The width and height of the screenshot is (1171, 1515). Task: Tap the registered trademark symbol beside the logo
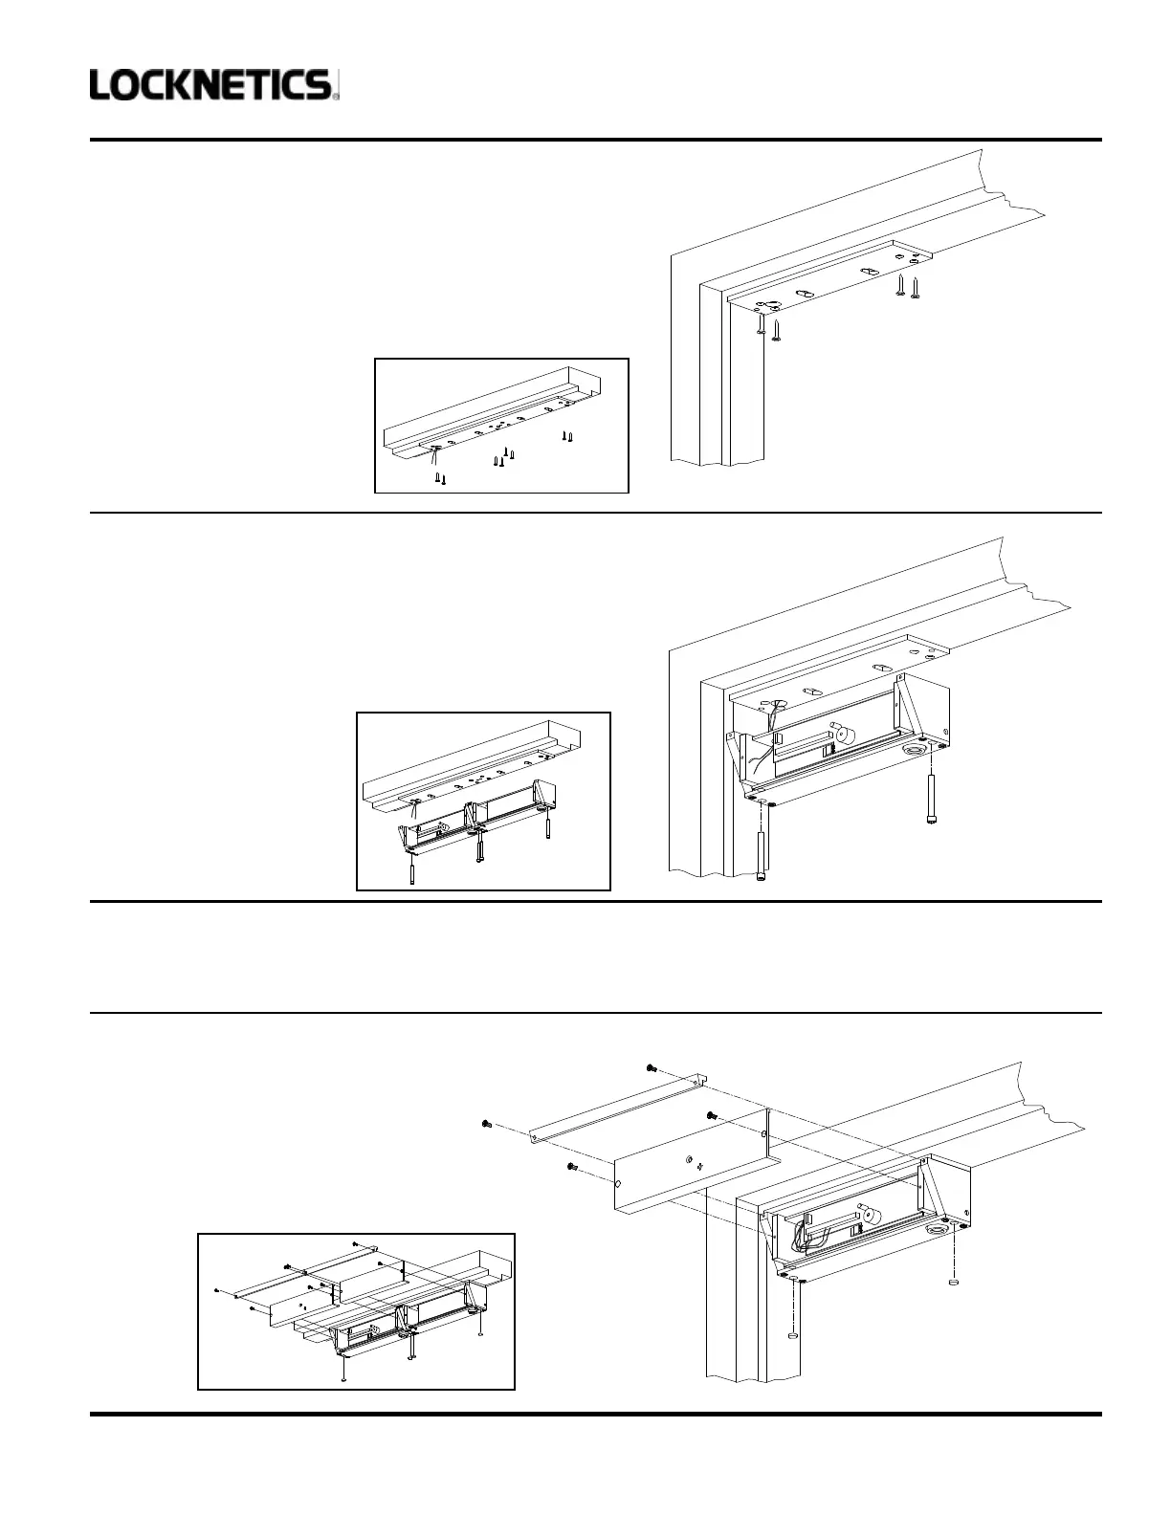pyautogui.click(x=336, y=95)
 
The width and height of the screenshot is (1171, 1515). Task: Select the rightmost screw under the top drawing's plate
pyautogui.click(x=916, y=286)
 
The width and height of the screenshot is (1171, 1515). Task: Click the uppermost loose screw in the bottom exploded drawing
pyautogui.click(x=651, y=1067)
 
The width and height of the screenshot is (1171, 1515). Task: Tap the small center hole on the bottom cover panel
pyautogui.click(x=691, y=1159)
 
